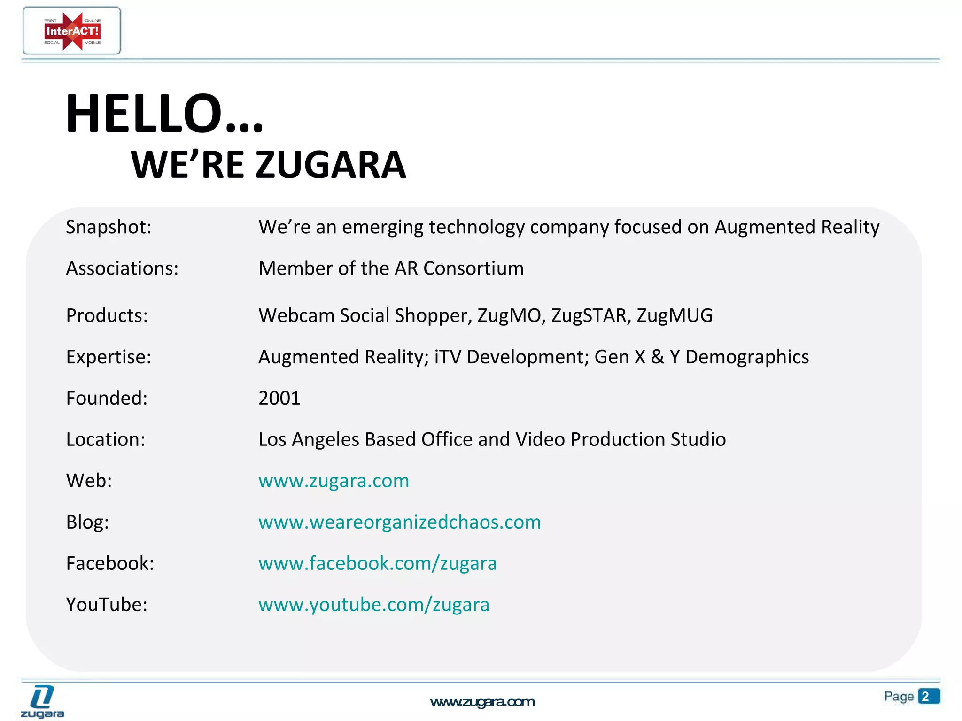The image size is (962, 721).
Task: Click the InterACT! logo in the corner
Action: pos(72,31)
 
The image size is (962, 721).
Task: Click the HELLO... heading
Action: pos(164,114)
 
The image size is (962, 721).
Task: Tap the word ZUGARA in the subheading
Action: pos(331,165)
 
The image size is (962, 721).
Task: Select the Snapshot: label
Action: pos(109,227)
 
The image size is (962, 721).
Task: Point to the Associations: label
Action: pos(122,268)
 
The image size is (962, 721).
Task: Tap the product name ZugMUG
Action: pos(675,315)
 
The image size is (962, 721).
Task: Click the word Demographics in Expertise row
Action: pos(747,357)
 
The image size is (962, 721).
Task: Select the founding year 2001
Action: pos(279,398)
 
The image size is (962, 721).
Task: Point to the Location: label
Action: pos(106,439)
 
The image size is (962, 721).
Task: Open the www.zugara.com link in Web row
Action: pos(334,481)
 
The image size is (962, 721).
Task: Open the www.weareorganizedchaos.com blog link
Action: pos(399,522)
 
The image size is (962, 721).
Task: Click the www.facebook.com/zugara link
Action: pos(377,563)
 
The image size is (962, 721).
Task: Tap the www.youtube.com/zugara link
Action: pos(373,605)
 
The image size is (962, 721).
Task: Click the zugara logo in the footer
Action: pos(42,701)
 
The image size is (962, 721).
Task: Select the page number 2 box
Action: pos(928,696)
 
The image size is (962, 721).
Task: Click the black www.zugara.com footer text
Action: pos(482,702)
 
